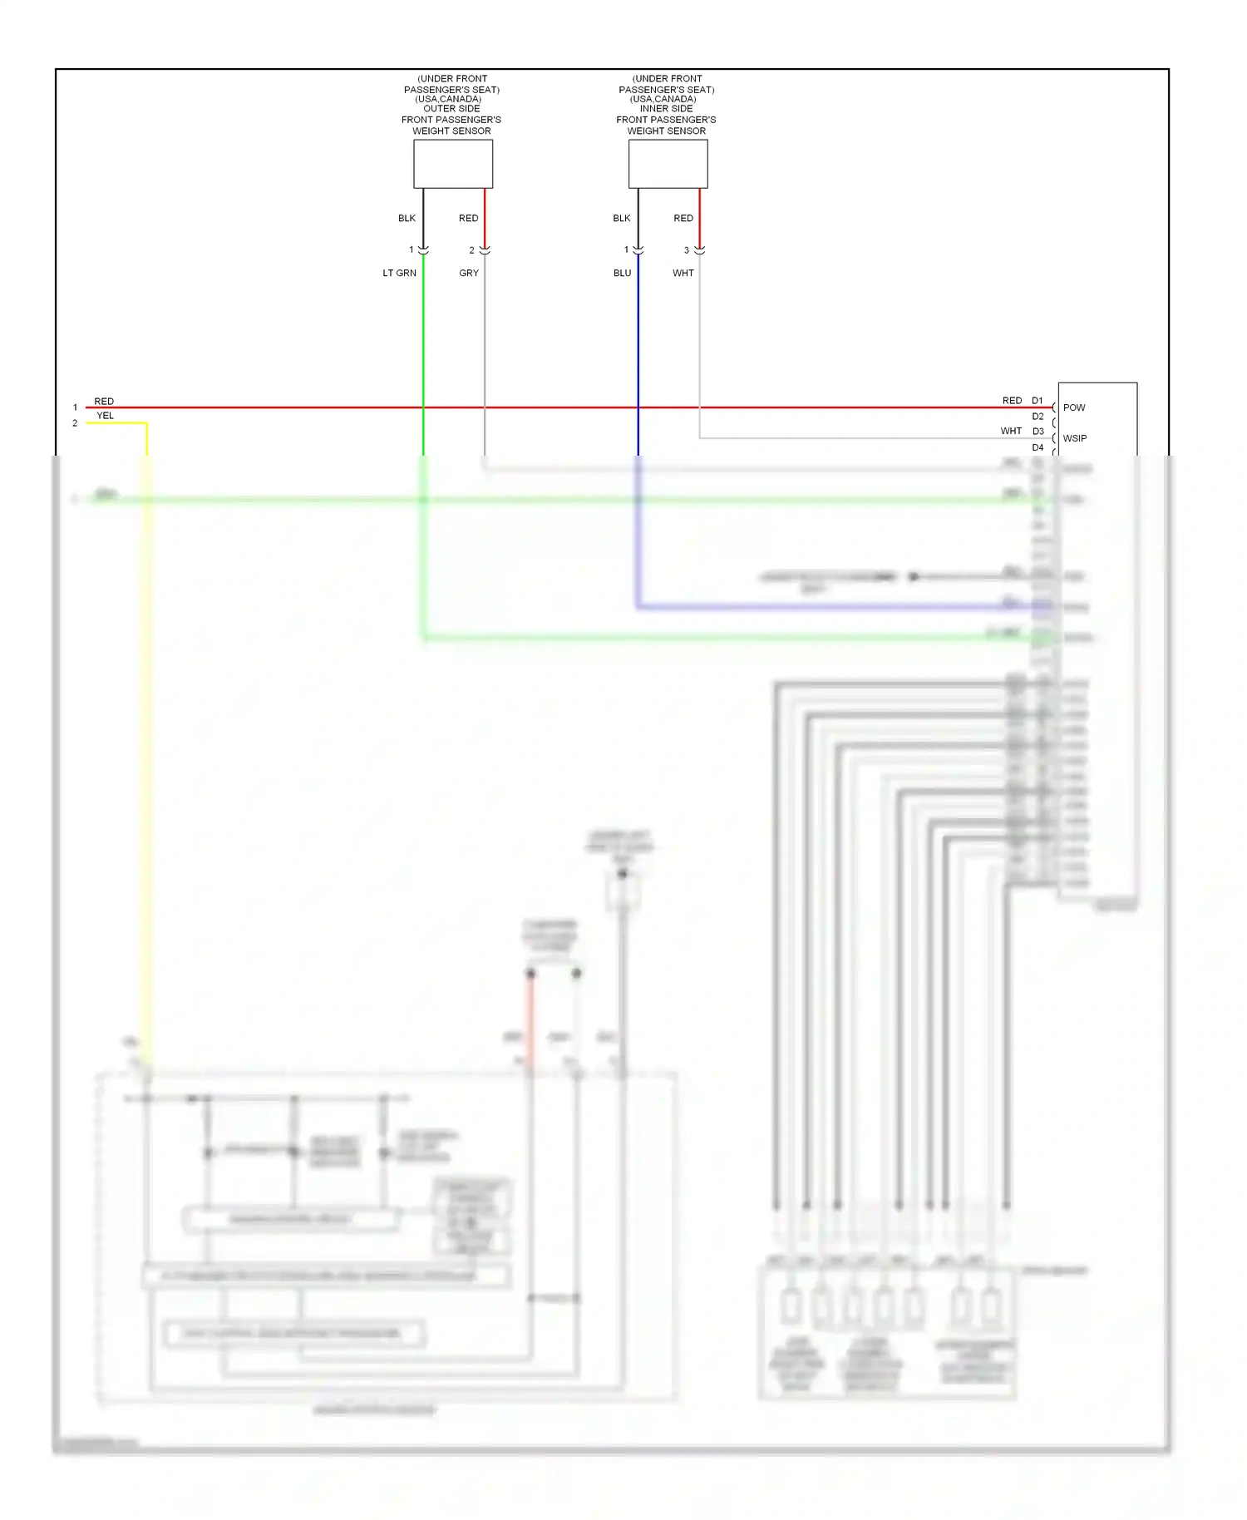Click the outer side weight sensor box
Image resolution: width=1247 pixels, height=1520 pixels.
(453, 164)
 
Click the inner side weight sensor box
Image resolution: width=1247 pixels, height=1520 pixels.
(668, 164)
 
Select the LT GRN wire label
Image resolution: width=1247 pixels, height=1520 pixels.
(399, 273)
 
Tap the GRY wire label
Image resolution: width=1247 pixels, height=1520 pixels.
(469, 273)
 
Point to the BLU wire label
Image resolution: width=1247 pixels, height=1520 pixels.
(622, 273)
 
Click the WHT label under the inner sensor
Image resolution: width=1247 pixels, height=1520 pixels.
(683, 273)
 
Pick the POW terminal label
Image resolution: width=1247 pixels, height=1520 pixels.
(1074, 407)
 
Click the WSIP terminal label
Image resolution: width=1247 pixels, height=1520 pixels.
(1075, 438)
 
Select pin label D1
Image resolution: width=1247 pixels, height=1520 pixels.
(1038, 401)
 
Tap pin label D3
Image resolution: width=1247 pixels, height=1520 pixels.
(1038, 432)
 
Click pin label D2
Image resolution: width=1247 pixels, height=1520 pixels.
(1038, 417)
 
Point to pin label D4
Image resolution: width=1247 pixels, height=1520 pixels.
(1038, 447)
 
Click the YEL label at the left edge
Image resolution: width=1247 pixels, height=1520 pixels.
(105, 416)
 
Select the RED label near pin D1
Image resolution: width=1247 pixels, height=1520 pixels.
(1012, 401)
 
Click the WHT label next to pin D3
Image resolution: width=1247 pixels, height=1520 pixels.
(1011, 432)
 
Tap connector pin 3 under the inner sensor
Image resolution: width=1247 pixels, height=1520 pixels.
(687, 250)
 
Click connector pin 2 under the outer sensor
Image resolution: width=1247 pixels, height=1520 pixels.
(471, 250)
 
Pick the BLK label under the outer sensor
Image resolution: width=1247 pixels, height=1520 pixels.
(407, 218)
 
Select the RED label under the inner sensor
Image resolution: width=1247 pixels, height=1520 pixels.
(683, 218)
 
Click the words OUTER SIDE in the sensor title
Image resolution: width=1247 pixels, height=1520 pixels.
(451, 109)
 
